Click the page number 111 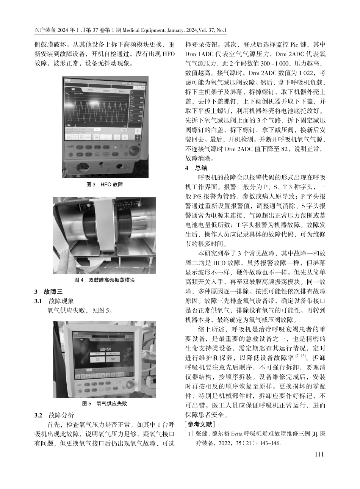tap(319, 455)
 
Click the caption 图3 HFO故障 tap(105, 185)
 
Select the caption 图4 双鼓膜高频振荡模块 tap(105, 280)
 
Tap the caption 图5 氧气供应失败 tap(105, 404)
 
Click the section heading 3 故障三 tap(49, 292)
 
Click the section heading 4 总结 tap(196, 168)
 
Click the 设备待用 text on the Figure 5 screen tap(105, 349)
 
